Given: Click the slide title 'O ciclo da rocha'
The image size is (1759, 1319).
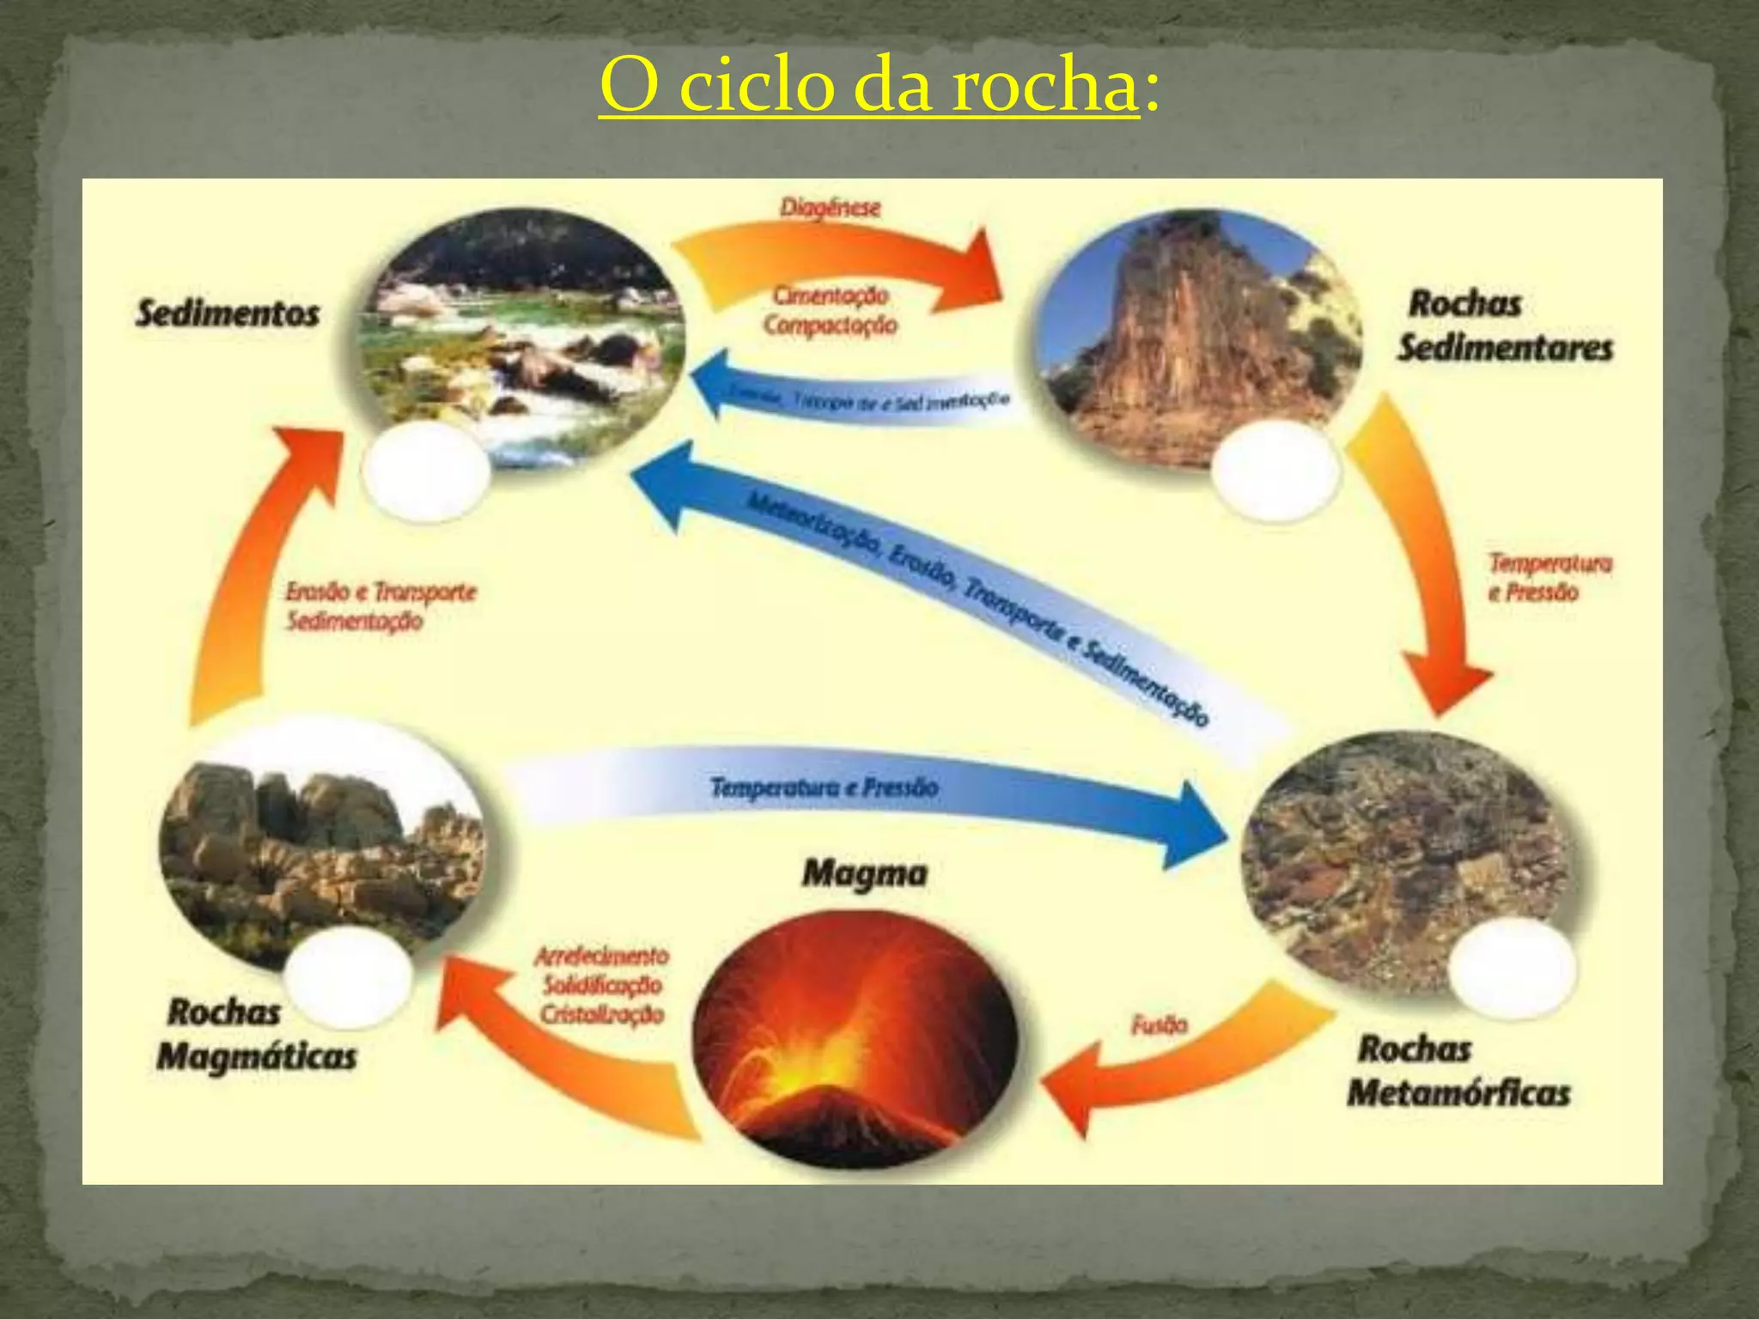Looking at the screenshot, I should [869, 86].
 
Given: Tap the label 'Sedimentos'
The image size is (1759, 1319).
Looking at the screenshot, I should [228, 313].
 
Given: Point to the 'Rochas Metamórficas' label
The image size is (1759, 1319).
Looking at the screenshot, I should [1457, 1072].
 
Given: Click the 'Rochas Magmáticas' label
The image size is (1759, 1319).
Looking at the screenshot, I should [256, 1035].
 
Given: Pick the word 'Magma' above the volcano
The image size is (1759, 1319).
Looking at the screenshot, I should [865, 874].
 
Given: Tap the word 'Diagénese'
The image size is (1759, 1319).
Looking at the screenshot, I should [830, 208].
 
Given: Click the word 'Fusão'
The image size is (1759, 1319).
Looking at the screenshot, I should [1159, 1024].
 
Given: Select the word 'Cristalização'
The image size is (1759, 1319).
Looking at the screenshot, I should [602, 1015].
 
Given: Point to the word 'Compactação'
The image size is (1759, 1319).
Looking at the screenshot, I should [831, 325].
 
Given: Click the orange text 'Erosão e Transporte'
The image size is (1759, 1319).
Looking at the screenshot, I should [380, 593].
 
